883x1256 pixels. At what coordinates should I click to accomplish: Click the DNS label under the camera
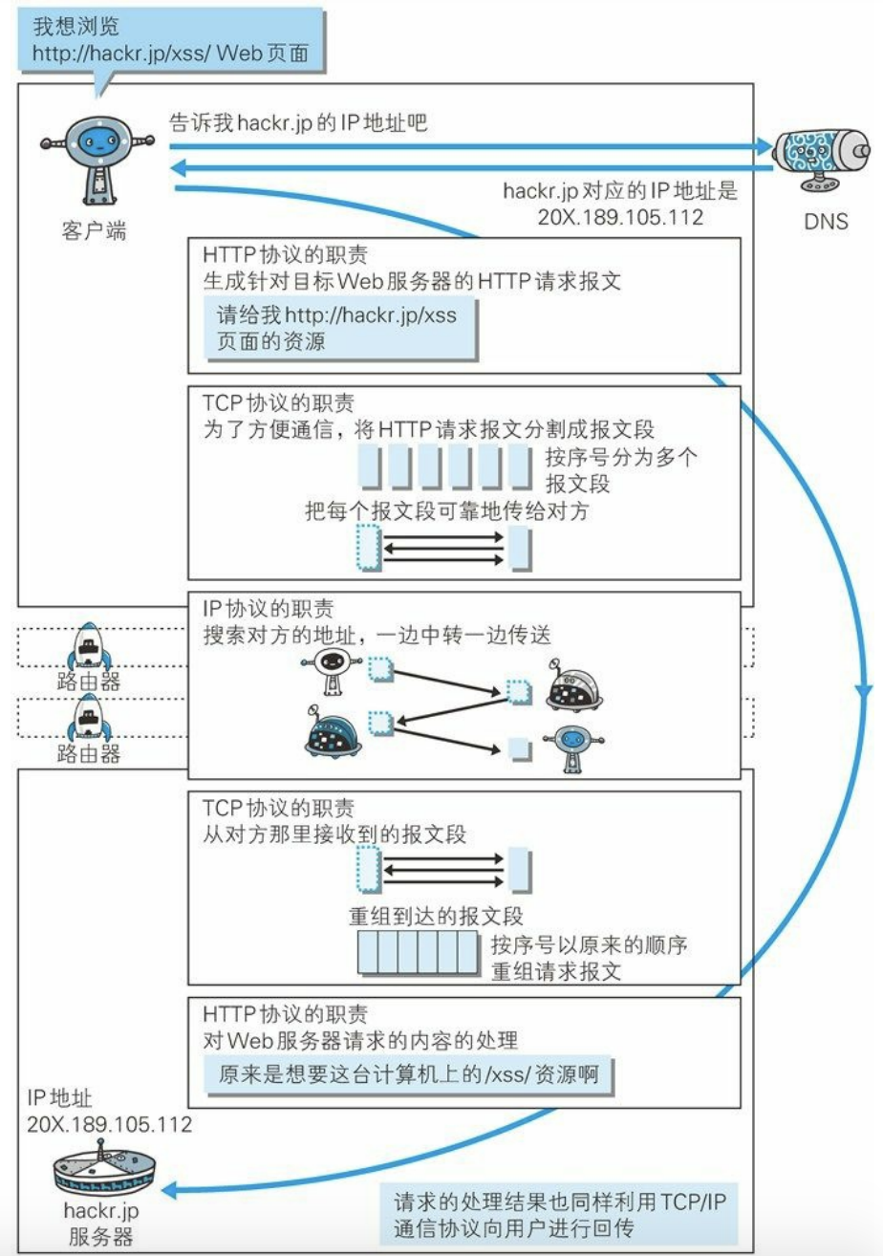tap(826, 222)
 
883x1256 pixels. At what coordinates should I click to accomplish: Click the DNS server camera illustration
tap(821, 158)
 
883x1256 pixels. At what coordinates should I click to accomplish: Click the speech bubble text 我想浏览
tap(76, 27)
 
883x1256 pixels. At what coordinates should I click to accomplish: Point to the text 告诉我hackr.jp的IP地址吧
tap(298, 122)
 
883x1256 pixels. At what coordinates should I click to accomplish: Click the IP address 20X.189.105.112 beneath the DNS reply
tap(620, 217)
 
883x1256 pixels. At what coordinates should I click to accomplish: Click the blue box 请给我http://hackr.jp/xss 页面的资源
tap(340, 329)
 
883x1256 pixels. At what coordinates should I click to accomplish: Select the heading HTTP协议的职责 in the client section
tap(286, 254)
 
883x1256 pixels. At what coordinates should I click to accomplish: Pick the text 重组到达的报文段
tap(436, 917)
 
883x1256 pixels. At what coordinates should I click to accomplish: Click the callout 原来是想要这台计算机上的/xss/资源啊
tap(408, 1074)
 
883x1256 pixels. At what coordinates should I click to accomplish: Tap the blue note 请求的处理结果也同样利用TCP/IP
tap(559, 1202)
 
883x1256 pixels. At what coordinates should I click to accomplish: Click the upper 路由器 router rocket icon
tap(89, 646)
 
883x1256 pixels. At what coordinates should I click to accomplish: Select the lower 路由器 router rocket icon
tap(89, 718)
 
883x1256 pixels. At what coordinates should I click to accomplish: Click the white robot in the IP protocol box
tap(331, 671)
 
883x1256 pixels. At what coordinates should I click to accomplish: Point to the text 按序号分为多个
tap(622, 458)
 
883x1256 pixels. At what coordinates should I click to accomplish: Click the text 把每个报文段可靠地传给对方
tap(447, 510)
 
